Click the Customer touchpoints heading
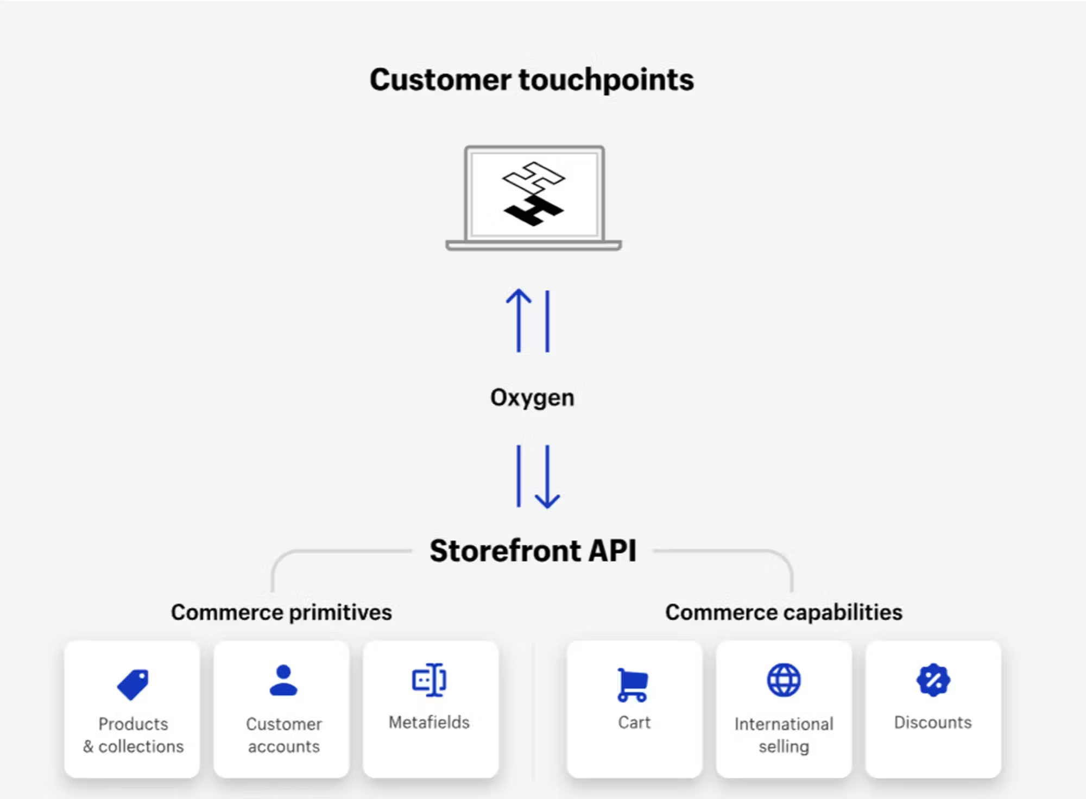pyautogui.click(x=532, y=80)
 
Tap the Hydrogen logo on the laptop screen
pyautogui.click(x=534, y=193)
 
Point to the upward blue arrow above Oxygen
pyautogui.click(x=519, y=320)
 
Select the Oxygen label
pyautogui.click(x=532, y=398)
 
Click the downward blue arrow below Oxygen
pyautogui.click(x=547, y=477)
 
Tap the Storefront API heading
pyautogui.click(x=533, y=551)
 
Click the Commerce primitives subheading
pyautogui.click(x=281, y=613)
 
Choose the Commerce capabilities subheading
pyautogui.click(x=784, y=613)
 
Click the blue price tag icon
pyautogui.click(x=133, y=684)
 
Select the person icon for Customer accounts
pyautogui.click(x=283, y=681)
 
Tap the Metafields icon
pyautogui.click(x=430, y=680)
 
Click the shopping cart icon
pyautogui.click(x=633, y=685)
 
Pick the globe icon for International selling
pyautogui.click(x=784, y=680)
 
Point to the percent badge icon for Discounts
pyautogui.click(x=933, y=680)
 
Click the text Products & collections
pyautogui.click(x=134, y=735)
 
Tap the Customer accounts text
pyautogui.click(x=283, y=735)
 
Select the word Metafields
pyautogui.click(x=429, y=722)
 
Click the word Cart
pyautogui.click(x=634, y=722)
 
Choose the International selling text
pyautogui.click(x=784, y=735)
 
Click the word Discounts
pyautogui.click(x=933, y=722)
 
